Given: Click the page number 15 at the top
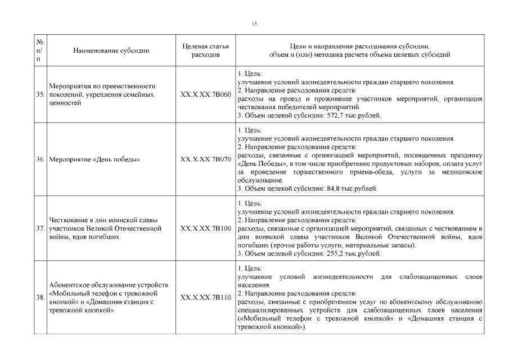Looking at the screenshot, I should (x=254, y=23).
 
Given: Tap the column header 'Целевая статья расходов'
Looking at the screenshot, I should (x=205, y=51).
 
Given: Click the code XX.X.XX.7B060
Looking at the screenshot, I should (x=205, y=94).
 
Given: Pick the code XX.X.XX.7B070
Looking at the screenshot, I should (x=205, y=160).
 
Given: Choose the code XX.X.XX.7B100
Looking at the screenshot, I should (x=205, y=229).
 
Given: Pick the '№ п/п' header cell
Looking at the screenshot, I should (x=40, y=51).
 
